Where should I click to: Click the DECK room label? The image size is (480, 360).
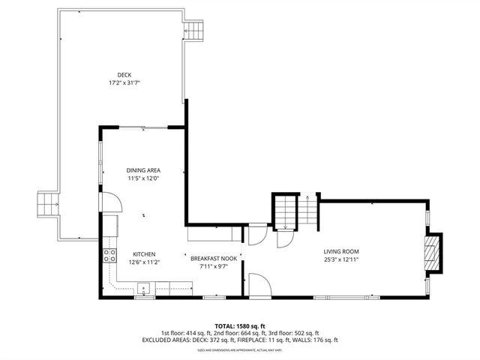click(x=124, y=73)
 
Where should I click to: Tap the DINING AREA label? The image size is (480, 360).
click(x=142, y=170)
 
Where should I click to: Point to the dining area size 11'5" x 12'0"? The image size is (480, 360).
click(x=142, y=178)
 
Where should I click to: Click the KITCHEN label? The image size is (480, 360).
click(x=144, y=254)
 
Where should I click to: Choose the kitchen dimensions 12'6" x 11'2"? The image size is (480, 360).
click(x=144, y=262)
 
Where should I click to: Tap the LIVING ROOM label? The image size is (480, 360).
click(x=341, y=251)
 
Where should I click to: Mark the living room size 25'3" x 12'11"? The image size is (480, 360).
click(x=341, y=259)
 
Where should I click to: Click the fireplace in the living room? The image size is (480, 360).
click(x=432, y=253)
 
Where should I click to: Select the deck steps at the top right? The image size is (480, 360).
click(x=193, y=31)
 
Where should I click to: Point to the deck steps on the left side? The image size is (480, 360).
click(x=47, y=202)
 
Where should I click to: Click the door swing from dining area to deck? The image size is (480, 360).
click(x=109, y=201)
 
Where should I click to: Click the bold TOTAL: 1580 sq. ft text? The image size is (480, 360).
click(x=240, y=326)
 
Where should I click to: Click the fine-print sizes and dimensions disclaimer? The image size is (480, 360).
click(x=240, y=350)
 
